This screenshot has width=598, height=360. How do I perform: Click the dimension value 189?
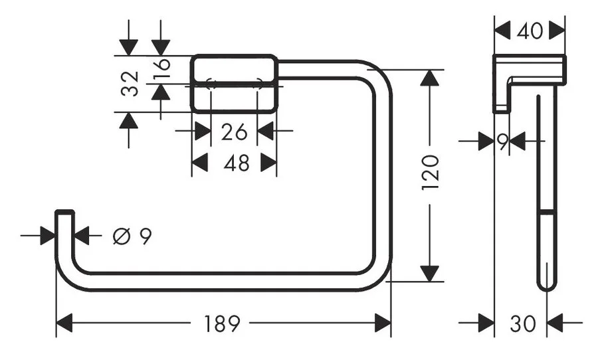click(x=222, y=324)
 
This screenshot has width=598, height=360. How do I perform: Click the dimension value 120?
click(x=431, y=172)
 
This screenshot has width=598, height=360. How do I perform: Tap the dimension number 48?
click(x=236, y=163)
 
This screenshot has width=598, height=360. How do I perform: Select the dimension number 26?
click(x=234, y=132)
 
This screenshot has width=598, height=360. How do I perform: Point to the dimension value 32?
click(x=132, y=84)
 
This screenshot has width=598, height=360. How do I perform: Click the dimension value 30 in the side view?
click(x=522, y=324)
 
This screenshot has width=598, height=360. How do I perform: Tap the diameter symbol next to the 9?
click(x=120, y=236)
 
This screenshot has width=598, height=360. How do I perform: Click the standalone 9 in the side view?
click(x=503, y=141)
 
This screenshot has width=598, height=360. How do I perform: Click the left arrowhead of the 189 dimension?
click(x=64, y=324)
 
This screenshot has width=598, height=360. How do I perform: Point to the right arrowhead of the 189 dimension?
click(x=383, y=324)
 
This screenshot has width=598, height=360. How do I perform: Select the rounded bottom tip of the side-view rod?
click(x=546, y=284)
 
